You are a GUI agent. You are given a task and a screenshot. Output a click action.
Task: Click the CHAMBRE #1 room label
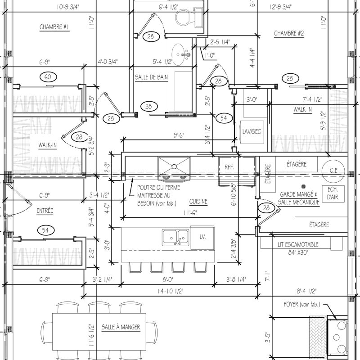[x=54, y=27]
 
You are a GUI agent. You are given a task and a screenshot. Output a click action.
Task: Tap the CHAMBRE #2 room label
[x=289, y=33]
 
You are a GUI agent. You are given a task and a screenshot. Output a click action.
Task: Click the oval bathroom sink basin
[x=178, y=54]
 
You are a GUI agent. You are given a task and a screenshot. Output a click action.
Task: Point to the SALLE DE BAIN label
[x=151, y=77]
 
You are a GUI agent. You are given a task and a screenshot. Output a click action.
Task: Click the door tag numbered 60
[x=48, y=77]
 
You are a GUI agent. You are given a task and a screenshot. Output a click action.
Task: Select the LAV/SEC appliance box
[x=252, y=132]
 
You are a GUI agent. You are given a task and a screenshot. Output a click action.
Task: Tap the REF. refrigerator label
[x=229, y=167]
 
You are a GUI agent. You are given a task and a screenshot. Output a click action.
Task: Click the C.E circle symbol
[x=333, y=171]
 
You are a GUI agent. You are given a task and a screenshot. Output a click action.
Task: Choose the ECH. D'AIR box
[x=333, y=194]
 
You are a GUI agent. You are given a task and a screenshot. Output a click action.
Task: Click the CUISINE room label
[x=198, y=202]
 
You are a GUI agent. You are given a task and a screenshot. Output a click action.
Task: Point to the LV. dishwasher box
[x=202, y=238]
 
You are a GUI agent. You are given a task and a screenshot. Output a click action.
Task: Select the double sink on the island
[x=175, y=238]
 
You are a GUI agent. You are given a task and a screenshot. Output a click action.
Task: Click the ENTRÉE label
[x=45, y=211]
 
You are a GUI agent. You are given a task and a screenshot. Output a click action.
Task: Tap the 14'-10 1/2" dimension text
[x=171, y=291]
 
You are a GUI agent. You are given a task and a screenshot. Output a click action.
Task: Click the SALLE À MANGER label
[x=121, y=327]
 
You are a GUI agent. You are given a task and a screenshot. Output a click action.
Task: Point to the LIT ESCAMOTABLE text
[x=298, y=245]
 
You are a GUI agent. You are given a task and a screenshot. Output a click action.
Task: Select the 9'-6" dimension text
[x=179, y=135]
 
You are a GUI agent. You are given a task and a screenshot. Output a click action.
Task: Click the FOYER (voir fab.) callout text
[x=302, y=305]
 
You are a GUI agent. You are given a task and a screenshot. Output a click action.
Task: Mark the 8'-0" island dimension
[x=168, y=280]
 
